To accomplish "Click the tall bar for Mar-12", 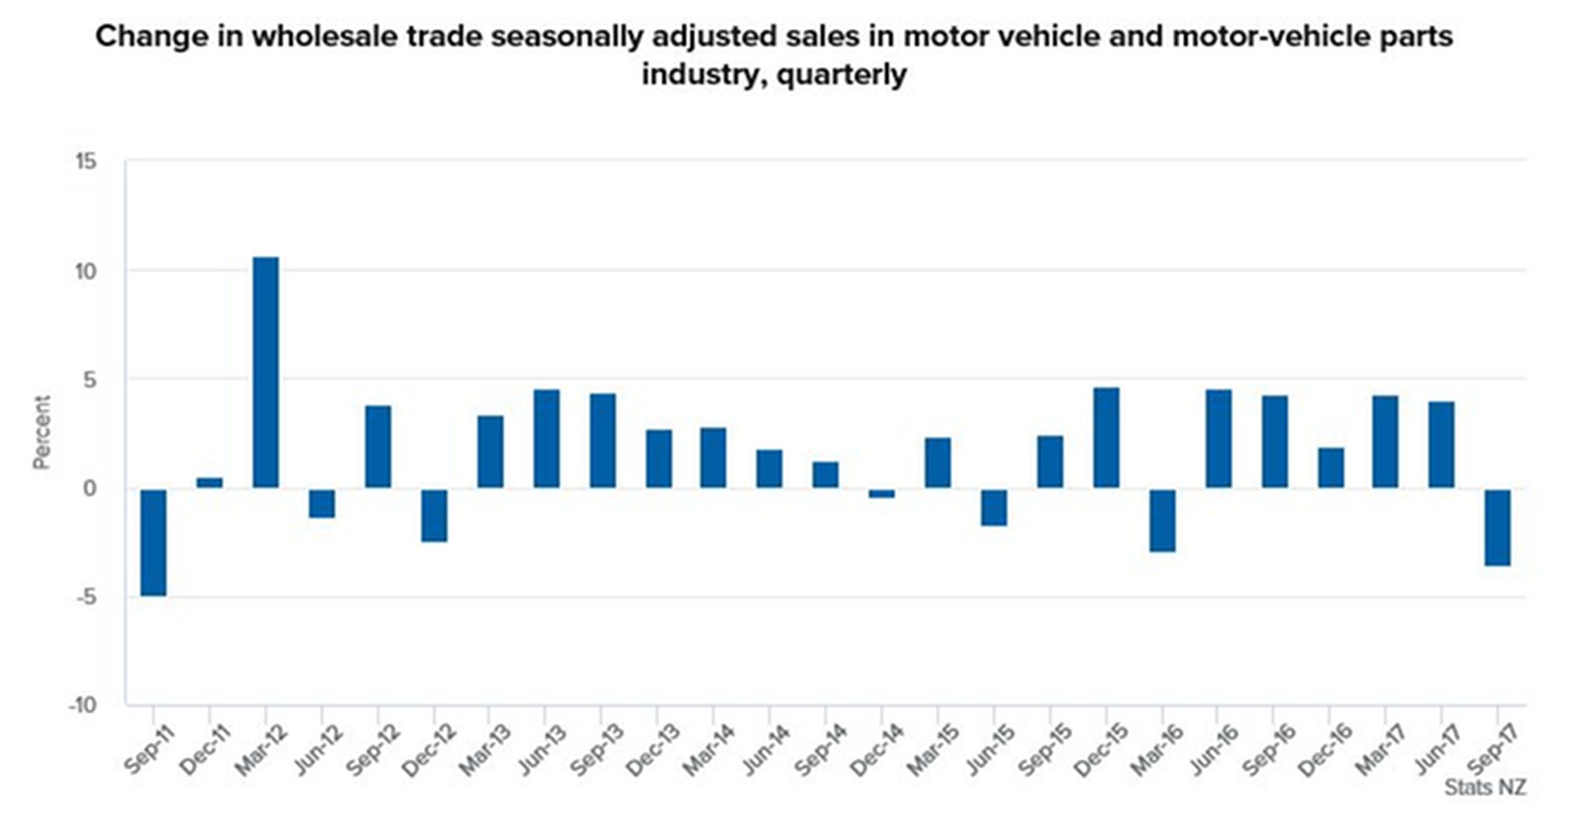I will click(265, 372).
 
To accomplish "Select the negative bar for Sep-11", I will click(154, 542).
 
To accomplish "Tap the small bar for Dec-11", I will click(210, 483).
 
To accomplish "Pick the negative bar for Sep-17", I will click(1497, 527).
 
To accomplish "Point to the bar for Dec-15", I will click(1106, 437).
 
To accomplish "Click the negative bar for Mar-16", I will click(1162, 520).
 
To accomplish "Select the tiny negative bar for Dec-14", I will click(881, 493).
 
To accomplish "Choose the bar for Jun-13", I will click(546, 438).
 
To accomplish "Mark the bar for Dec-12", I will click(434, 516).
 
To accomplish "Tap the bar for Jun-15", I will click(994, 507).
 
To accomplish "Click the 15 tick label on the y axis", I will click(85, 162).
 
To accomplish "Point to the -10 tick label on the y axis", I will click(82, 706).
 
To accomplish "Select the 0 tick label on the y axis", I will click(89, 488).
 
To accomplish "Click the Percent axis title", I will click(41, 432).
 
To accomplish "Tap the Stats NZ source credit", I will click(1484, 787).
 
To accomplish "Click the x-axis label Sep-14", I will click(820, 750).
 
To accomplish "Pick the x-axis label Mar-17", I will click(1380, 750).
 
